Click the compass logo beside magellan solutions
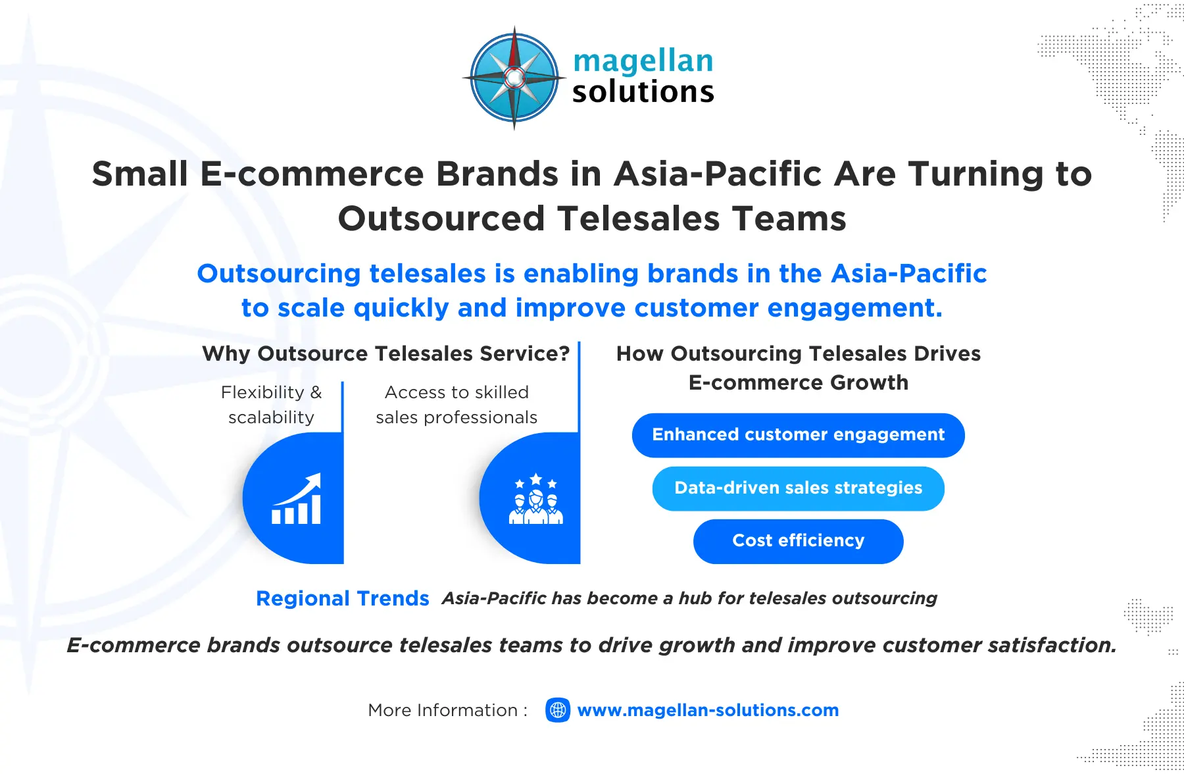pos(514,78)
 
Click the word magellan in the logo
pos(643,61)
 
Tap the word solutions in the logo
pos(643,92)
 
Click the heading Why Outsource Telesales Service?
pos(385,353)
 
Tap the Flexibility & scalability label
pos(271,404)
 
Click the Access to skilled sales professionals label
pos(456,404)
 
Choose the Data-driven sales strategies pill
pos(798,488)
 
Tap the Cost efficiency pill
pos(798,541)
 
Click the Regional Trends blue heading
pos(342,598)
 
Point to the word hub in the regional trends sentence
pos(695,598)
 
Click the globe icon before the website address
pos(558,710)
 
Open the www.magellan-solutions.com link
pos(708,710)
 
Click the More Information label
pos(447,710)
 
